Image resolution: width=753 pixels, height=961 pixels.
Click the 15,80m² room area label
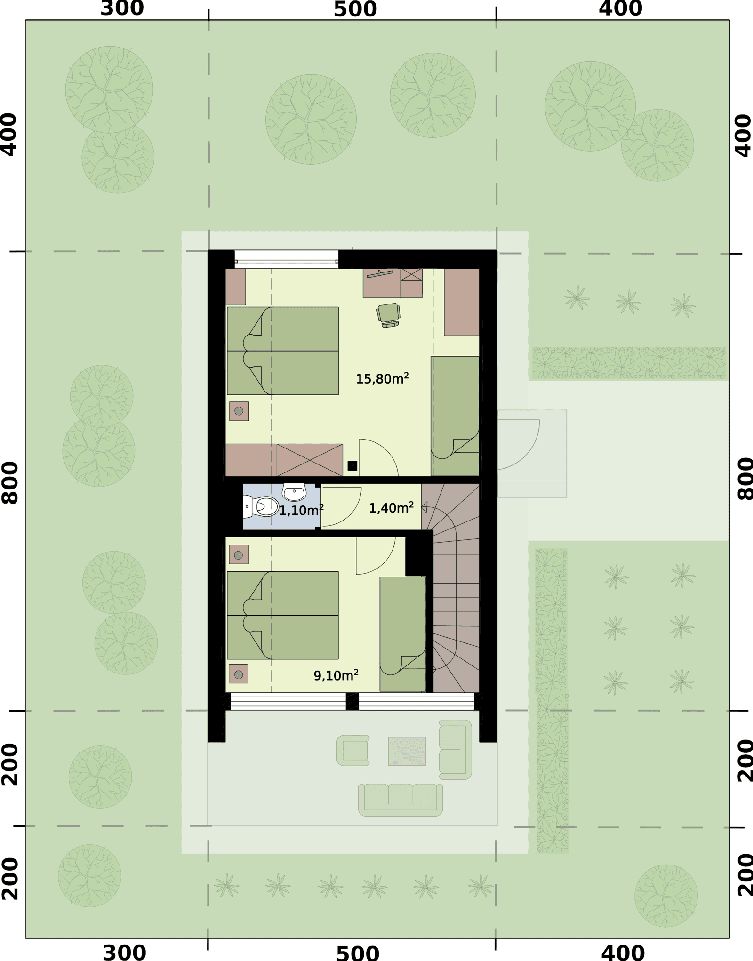[x=382, y=378]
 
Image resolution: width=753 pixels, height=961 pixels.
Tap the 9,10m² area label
[x=336, y=675]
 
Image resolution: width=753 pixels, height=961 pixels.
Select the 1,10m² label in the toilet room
[x=301, y=510]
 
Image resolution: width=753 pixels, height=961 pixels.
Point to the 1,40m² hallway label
[x=391, y=508]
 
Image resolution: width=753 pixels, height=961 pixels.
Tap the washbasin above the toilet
[x=294, y=492]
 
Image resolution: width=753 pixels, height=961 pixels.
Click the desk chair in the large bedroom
[x=389, y=315]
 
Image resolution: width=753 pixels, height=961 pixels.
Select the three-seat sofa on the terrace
[x=401, y=800]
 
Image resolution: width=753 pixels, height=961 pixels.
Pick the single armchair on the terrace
[x=353, y=751]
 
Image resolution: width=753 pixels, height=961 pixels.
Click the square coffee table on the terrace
[x=407, y=751]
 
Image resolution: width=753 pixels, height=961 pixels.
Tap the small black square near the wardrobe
[x=352, y=466]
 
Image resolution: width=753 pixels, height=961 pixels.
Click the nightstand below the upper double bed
[x=239, y=411]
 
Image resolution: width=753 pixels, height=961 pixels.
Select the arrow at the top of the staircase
[x=425, y=507]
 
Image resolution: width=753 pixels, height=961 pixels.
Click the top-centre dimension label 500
[x=355, y=9]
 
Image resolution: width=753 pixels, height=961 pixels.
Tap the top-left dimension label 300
[x=122, y=8]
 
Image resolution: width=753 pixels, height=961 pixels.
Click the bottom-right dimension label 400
[x=623, y=953]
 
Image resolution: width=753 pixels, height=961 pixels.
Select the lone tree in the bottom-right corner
[x=666, y=896]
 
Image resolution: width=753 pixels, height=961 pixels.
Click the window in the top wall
[x=287, y=259]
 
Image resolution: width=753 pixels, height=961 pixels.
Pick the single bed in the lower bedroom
[x=403, y=634]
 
